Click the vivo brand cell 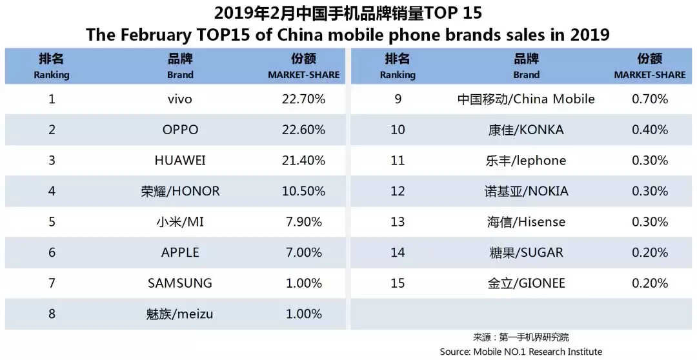coord(180,99)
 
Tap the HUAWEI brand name coord(180,160)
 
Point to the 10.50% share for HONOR coord(303,191)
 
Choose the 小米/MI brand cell coord(180,222)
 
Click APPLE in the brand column coord(180,252)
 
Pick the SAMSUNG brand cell coord(180,283)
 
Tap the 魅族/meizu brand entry coord(180,314)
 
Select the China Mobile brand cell coord(526,99)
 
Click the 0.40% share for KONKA coord(649,130)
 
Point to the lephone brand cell coord(526,160)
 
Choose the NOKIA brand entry coord(526,191)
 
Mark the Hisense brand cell coord(526,222)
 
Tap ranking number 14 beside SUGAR coord(398,252)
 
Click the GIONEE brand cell coord(526,283)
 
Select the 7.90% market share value coord(303,222)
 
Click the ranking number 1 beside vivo coord(52,99)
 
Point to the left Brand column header coord(180,66)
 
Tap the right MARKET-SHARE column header coord(649,66)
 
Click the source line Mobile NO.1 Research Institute coord(521,352)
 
